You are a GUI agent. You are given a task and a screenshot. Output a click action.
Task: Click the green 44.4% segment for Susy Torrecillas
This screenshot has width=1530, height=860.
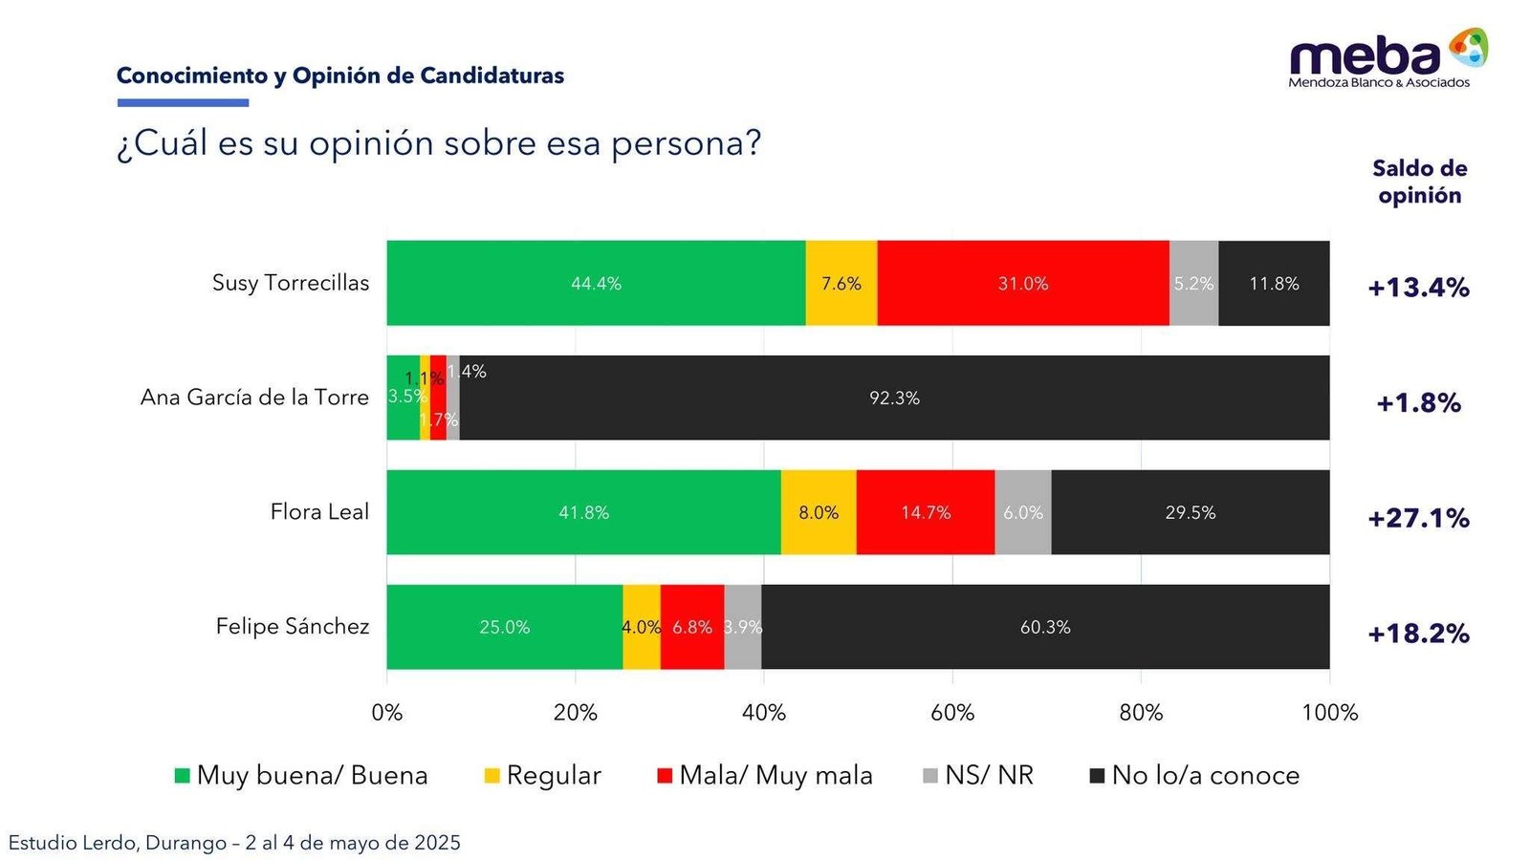596,283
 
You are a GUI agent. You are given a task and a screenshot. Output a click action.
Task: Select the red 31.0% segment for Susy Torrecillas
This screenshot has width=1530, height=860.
1022,283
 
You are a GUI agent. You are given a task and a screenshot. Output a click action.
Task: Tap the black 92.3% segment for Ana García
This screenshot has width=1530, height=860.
894,398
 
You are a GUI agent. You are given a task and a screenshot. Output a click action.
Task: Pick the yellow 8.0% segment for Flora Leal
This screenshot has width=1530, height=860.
819,512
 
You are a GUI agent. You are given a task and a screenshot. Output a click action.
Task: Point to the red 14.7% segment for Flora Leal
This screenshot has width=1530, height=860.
925,512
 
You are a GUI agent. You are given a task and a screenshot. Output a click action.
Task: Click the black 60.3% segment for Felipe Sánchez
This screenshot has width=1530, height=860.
1045,627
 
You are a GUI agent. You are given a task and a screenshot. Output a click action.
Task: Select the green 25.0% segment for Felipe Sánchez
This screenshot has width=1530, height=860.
504,627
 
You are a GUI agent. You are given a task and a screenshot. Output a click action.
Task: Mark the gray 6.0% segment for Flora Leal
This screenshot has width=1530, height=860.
1022,512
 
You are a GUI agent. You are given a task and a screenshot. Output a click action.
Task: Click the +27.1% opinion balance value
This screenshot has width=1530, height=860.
1418,518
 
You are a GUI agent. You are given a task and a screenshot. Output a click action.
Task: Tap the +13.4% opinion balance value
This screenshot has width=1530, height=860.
1418,288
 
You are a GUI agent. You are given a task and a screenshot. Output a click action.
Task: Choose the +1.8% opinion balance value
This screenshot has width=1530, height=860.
1418,403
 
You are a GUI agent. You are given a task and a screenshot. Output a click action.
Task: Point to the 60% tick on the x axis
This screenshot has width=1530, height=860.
952,713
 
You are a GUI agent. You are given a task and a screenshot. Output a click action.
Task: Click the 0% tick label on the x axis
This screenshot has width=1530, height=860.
387,713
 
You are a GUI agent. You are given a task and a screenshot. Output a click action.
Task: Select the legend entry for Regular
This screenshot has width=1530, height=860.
543,775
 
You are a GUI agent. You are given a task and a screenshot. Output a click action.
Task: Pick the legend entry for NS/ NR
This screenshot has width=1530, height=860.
978,775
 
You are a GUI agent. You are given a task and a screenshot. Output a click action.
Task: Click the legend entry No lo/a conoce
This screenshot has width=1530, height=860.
1194,775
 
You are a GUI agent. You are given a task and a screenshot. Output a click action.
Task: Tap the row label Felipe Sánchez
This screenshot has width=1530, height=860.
292,626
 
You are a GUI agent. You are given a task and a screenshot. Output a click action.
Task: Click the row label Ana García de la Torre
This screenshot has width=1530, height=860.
254,397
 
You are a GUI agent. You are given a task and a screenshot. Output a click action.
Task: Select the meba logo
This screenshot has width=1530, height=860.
1387,57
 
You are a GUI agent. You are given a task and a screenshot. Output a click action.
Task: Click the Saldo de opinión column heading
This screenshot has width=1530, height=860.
1419,182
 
